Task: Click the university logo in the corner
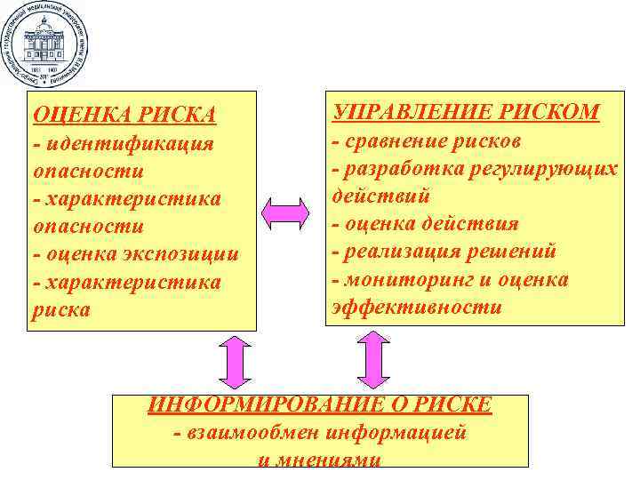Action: (x=44, y=43)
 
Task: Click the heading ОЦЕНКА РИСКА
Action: (x=124, y=115)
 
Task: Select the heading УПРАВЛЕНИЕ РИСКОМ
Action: (x=466, y=111)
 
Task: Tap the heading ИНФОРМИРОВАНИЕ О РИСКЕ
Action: (x=319, y=404)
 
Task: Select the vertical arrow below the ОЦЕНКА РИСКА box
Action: (x=235, y=363)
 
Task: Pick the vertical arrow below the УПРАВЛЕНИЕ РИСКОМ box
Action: (x=373, y=359)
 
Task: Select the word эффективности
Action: (x=417, y=308)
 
